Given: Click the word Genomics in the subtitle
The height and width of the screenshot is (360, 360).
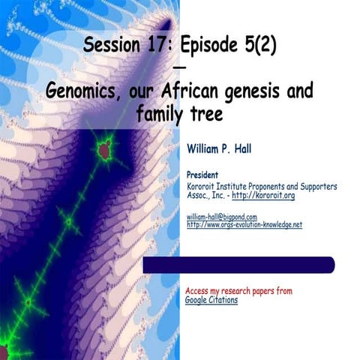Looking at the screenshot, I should pos(82,91).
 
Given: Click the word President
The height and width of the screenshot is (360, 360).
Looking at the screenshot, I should pos(203,175).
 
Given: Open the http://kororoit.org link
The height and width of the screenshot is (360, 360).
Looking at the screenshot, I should pos(263,195).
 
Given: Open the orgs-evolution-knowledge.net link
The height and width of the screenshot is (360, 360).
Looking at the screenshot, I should pos(244,224).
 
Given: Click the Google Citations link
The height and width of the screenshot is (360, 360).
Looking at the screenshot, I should pos(211,300).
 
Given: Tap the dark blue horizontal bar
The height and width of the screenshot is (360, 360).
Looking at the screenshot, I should pos(238,265).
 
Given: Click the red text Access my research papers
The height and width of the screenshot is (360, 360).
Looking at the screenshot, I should pos(238,291).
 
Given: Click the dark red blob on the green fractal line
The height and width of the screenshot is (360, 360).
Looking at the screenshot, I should pos(104,150).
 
